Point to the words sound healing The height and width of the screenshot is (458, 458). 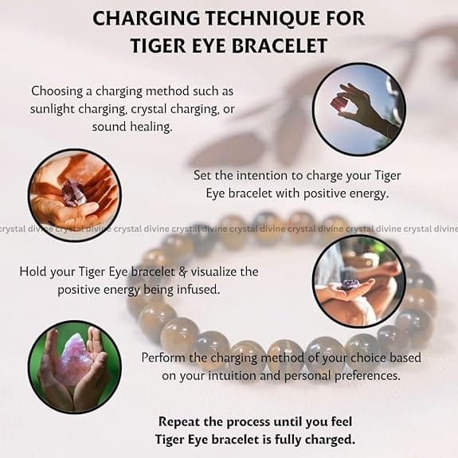pos(132,127)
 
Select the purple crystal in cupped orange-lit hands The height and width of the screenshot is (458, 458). pos(74,194)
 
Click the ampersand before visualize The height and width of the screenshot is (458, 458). pos(182,272)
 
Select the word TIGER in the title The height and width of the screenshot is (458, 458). pos(158,46)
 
